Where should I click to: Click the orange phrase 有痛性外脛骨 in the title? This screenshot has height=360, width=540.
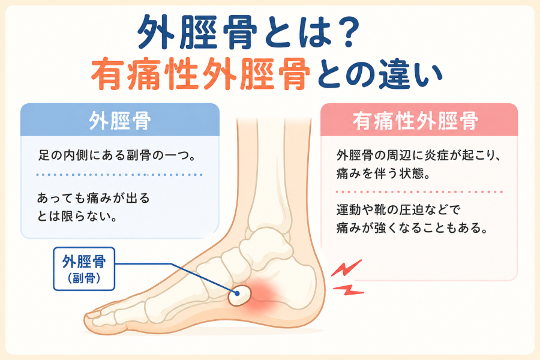pyautogui.click(x=200, y=74)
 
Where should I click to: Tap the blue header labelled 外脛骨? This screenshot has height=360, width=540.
pyautogui.click(x=120, y=120)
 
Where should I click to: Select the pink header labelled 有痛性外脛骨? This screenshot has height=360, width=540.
pyautogui.click(x=419, y=120)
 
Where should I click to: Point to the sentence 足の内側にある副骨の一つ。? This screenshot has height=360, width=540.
pyautogui.click(x=117, y=155)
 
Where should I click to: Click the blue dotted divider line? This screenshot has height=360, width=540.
pyautogui.click(x=119, y=175)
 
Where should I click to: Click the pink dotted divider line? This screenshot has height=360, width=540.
pyautogui.click(x=419, y=192)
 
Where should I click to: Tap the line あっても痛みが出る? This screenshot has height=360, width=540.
pyautogui.click(x=94, y=198)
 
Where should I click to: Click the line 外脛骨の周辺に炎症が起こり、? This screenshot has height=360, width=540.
pyautogui.click(x=418, y=155)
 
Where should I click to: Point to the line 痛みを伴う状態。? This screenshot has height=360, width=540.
pyautogui.click(x=383, y=173)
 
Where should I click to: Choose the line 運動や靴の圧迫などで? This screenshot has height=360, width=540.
pyautogui.click(x=398, y=210)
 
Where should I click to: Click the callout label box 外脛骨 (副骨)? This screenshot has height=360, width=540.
pyautogui.click(x=83, y=269)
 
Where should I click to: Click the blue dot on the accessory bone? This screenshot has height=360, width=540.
pyautogui.click(x=237, y=293)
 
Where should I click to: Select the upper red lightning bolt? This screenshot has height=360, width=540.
pyautogui.click(x=346, y=268)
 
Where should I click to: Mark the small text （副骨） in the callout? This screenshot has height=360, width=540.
pyautogui.click(x=84, y=278)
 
